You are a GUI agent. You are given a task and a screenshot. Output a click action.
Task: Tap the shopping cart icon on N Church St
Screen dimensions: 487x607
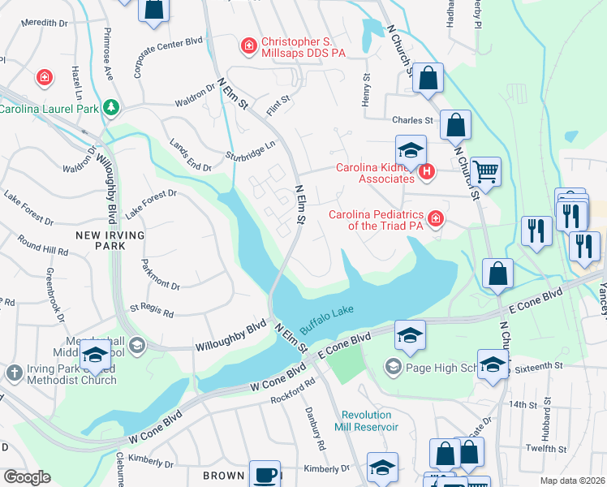coord(485,171)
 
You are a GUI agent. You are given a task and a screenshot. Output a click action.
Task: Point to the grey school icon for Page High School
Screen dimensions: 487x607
coord(394,367)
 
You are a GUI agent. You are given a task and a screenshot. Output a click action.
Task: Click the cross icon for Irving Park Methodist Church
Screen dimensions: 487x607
coord(13,372)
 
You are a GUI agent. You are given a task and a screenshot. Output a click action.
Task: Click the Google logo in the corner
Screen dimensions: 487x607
coord(27,477)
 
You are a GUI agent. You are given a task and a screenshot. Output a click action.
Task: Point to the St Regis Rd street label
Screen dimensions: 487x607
coord(152,311)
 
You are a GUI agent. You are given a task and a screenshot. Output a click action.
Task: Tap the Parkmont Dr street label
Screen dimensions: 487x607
coord(160,273)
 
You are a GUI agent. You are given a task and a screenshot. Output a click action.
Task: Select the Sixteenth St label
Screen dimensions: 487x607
coord(535,367)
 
